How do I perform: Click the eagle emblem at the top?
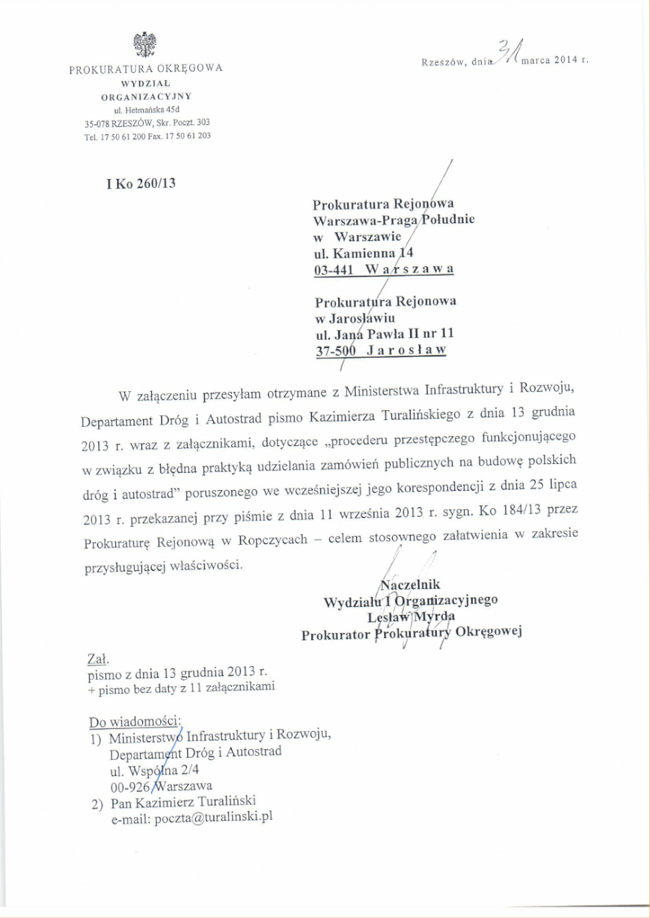click(144, 44)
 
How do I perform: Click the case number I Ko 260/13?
click(141, 183)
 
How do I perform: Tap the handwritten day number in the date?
click(509, 52)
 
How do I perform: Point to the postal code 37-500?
click(339, 351)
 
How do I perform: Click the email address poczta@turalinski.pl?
click(214, 818)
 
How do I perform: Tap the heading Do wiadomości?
click(136, 722)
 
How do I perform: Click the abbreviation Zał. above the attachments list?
click(97, 659)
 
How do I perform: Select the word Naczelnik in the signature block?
click(409, 585)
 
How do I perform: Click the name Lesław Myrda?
click(410, 616)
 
